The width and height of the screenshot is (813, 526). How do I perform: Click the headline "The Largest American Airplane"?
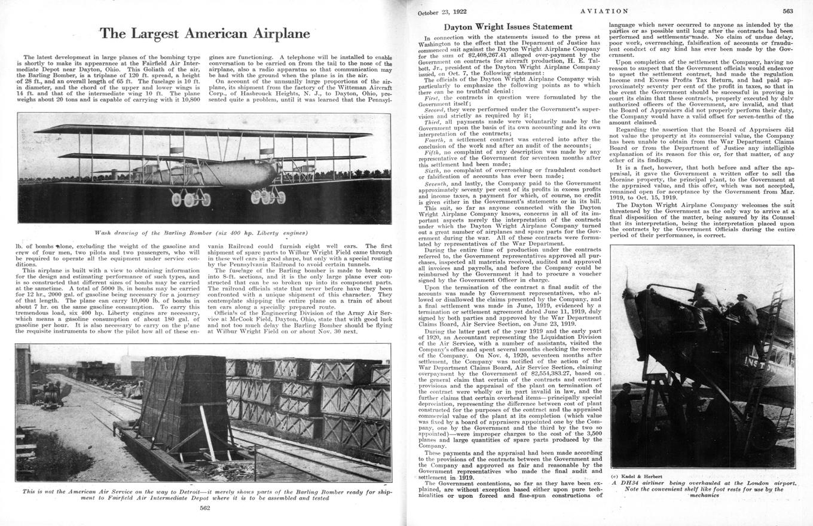[204, 33]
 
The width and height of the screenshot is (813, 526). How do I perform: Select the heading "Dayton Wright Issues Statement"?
[508, 27]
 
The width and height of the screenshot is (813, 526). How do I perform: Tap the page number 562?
[204, 508]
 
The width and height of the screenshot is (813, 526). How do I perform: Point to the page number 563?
[787, 11]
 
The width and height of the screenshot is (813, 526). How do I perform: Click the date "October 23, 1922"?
[442, 12]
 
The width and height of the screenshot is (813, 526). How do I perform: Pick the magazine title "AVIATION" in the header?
[604, 11]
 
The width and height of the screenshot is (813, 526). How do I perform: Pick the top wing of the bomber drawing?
[203, 131]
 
